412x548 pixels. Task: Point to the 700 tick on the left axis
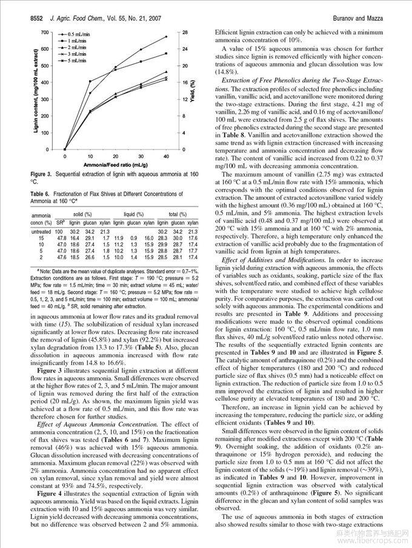point(44,31)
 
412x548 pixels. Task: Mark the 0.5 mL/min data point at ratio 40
point(166,37)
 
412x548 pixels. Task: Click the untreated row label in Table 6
point(41,231)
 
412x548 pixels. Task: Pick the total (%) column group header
point(178,215)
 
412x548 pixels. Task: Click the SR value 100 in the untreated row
point(59,231)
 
